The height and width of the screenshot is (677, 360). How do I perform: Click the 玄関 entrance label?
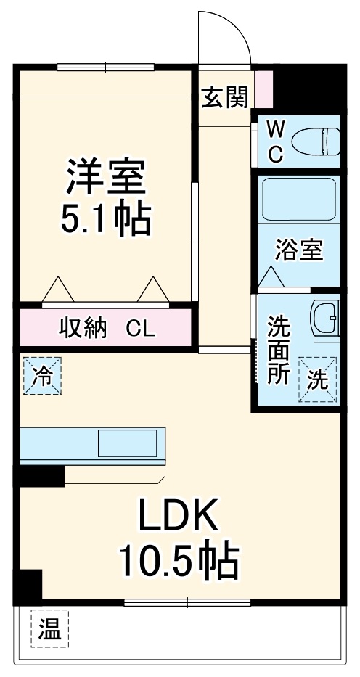click(225, 97)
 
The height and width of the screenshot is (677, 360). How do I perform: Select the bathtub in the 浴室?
click(298, 199)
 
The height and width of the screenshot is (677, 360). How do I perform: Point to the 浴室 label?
click(298, 250)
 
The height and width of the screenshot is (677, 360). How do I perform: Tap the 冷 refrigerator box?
click(43, 376)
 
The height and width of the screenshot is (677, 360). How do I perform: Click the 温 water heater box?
click(49, 628)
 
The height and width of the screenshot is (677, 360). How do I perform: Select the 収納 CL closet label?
click(107, 329)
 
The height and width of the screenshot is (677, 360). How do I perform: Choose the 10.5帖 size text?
click(179, 559)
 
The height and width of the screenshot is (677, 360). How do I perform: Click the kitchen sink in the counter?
click(128, 443)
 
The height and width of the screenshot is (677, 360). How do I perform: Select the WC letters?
click(275, 141)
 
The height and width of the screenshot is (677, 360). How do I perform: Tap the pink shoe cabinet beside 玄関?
click(265, 87)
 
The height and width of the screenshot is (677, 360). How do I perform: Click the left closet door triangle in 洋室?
click(58, 290)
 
